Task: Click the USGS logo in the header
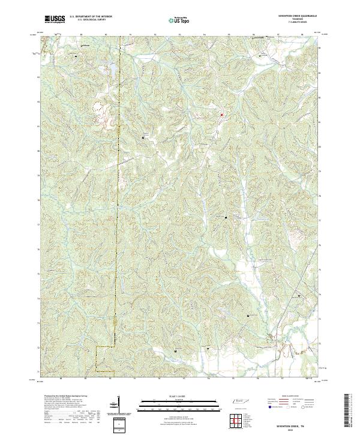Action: coord(55,19)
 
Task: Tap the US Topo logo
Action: coord(182,20)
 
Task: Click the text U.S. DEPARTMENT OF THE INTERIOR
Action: coord(91,17)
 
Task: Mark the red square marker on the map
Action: coord(221,115)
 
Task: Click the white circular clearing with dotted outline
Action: coord(97,109)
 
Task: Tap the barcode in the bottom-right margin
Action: coord(347,413)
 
